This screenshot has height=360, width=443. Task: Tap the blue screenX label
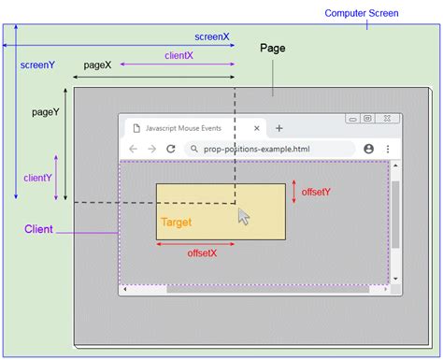click(x=212, y=36)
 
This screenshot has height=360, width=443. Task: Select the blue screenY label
click(x=37, y=65)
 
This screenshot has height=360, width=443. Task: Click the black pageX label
click(x=97, y=65)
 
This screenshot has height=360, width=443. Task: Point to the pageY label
click(x=46, y=111)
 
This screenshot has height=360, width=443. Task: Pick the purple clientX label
click(x=178, y=56)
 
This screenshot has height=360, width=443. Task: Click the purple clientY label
click(x=37, y=177)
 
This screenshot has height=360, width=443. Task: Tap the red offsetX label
click(x=202, y=253)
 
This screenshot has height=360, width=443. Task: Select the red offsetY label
click(x=316, y=192)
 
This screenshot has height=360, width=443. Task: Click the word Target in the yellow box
click(x=177, y=223)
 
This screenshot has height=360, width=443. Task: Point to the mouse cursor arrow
click(x=244, y=216)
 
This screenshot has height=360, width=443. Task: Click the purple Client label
click(x=38, y=229)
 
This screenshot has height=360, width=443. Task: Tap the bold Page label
click(x=273, y=48)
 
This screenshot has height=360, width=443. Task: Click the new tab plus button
click(x=279, y=128)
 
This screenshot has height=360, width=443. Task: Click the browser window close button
click(x=390, y=119)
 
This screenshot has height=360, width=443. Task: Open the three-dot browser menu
click(x=388, y=149)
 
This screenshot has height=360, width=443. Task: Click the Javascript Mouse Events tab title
click(x=193, y=128)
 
